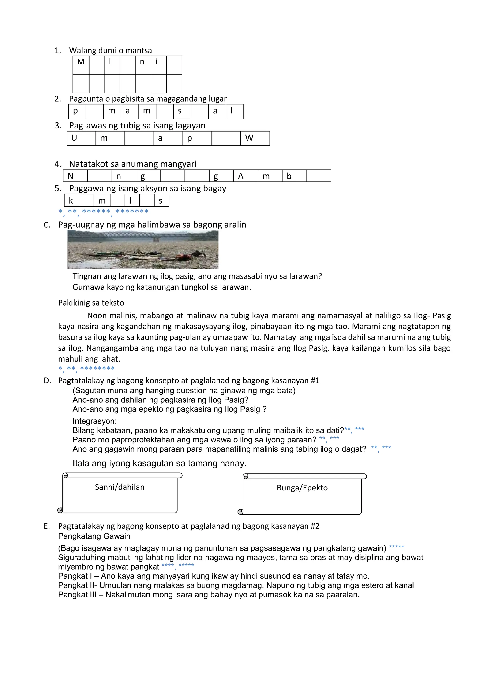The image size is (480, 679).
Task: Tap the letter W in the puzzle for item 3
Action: pos(249,138)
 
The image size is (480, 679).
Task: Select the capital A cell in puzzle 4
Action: pos(241,176)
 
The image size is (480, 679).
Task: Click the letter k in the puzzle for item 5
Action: pos(71,200)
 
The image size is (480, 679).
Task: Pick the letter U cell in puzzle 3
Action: pos(74,138)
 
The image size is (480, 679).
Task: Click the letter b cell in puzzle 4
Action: pos(289,176)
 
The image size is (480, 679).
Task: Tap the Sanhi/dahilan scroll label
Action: pos(120,487)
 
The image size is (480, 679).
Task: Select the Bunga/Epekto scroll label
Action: pos(302,488)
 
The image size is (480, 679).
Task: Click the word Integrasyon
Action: pos(95,421)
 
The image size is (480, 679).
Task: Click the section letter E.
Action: pos(46,526)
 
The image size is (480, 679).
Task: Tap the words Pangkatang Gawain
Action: pos(94,536)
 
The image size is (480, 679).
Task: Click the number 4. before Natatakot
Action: pos(58,164)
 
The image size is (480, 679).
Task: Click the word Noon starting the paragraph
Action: pos(97,316)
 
